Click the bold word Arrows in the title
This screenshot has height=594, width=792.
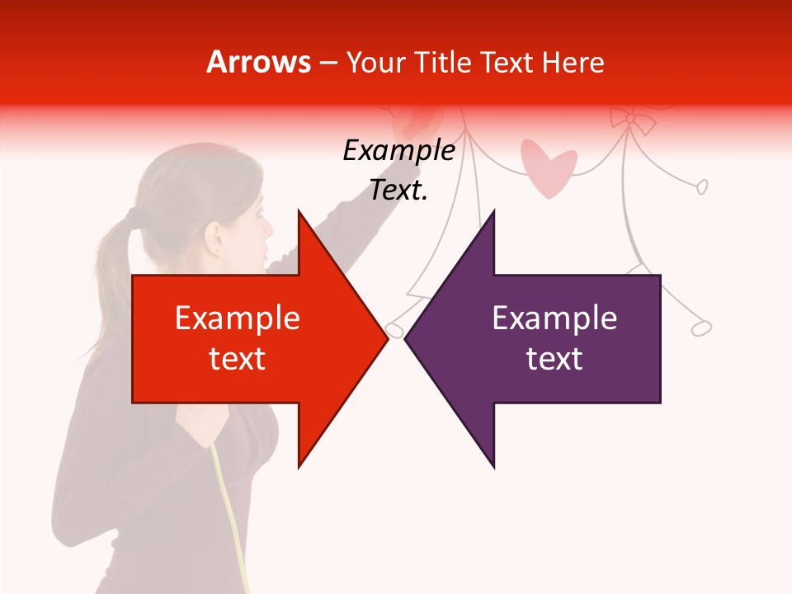pyautogui.click(x=259, y=63)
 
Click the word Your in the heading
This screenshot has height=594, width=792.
pyautogui.click(x=376, y=63)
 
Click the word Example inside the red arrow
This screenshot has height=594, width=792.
pyautogui.click(x=237, y=318)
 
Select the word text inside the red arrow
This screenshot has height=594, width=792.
pyautogui.click(x=237, y=359)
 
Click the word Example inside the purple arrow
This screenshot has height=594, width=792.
pyautogui.click(x=554, y=318)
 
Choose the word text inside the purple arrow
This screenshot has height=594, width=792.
pyautogui.click(x=554, y=359)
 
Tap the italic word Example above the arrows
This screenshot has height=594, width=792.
pyautogui.click(x=398, y=151)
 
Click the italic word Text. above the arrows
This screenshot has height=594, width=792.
pyautogui.click(x=398, y=191)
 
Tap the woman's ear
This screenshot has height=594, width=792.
pyautogui.click(x=217, y=238)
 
